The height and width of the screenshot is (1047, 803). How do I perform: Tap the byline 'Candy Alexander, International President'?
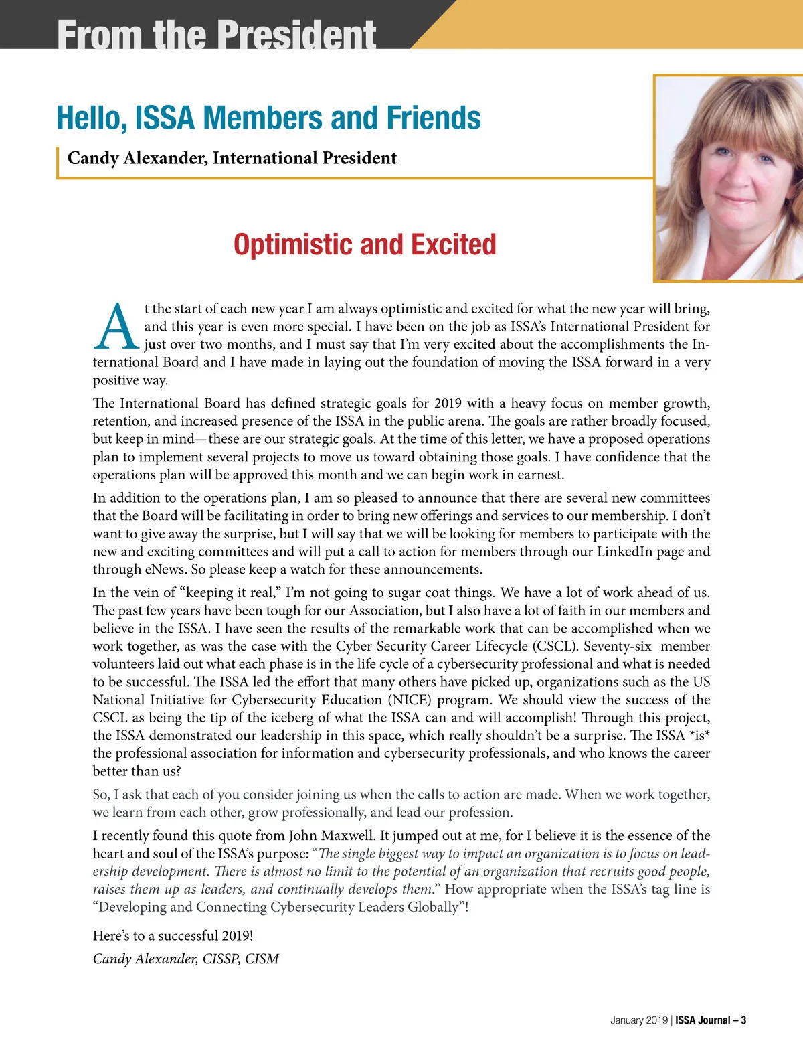click(x=232, y=158)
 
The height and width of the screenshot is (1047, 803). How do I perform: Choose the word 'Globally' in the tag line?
click(x=432, y=907)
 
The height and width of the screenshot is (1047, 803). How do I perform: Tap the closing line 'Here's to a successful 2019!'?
click(x=173, y=935)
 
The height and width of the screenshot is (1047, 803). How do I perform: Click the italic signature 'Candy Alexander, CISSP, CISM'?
click(x=185, y=959)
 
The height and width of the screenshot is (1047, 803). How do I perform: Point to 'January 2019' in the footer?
click(x=638, y=1020)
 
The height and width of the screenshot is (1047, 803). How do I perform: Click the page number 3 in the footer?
click(x=743, y=1020)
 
